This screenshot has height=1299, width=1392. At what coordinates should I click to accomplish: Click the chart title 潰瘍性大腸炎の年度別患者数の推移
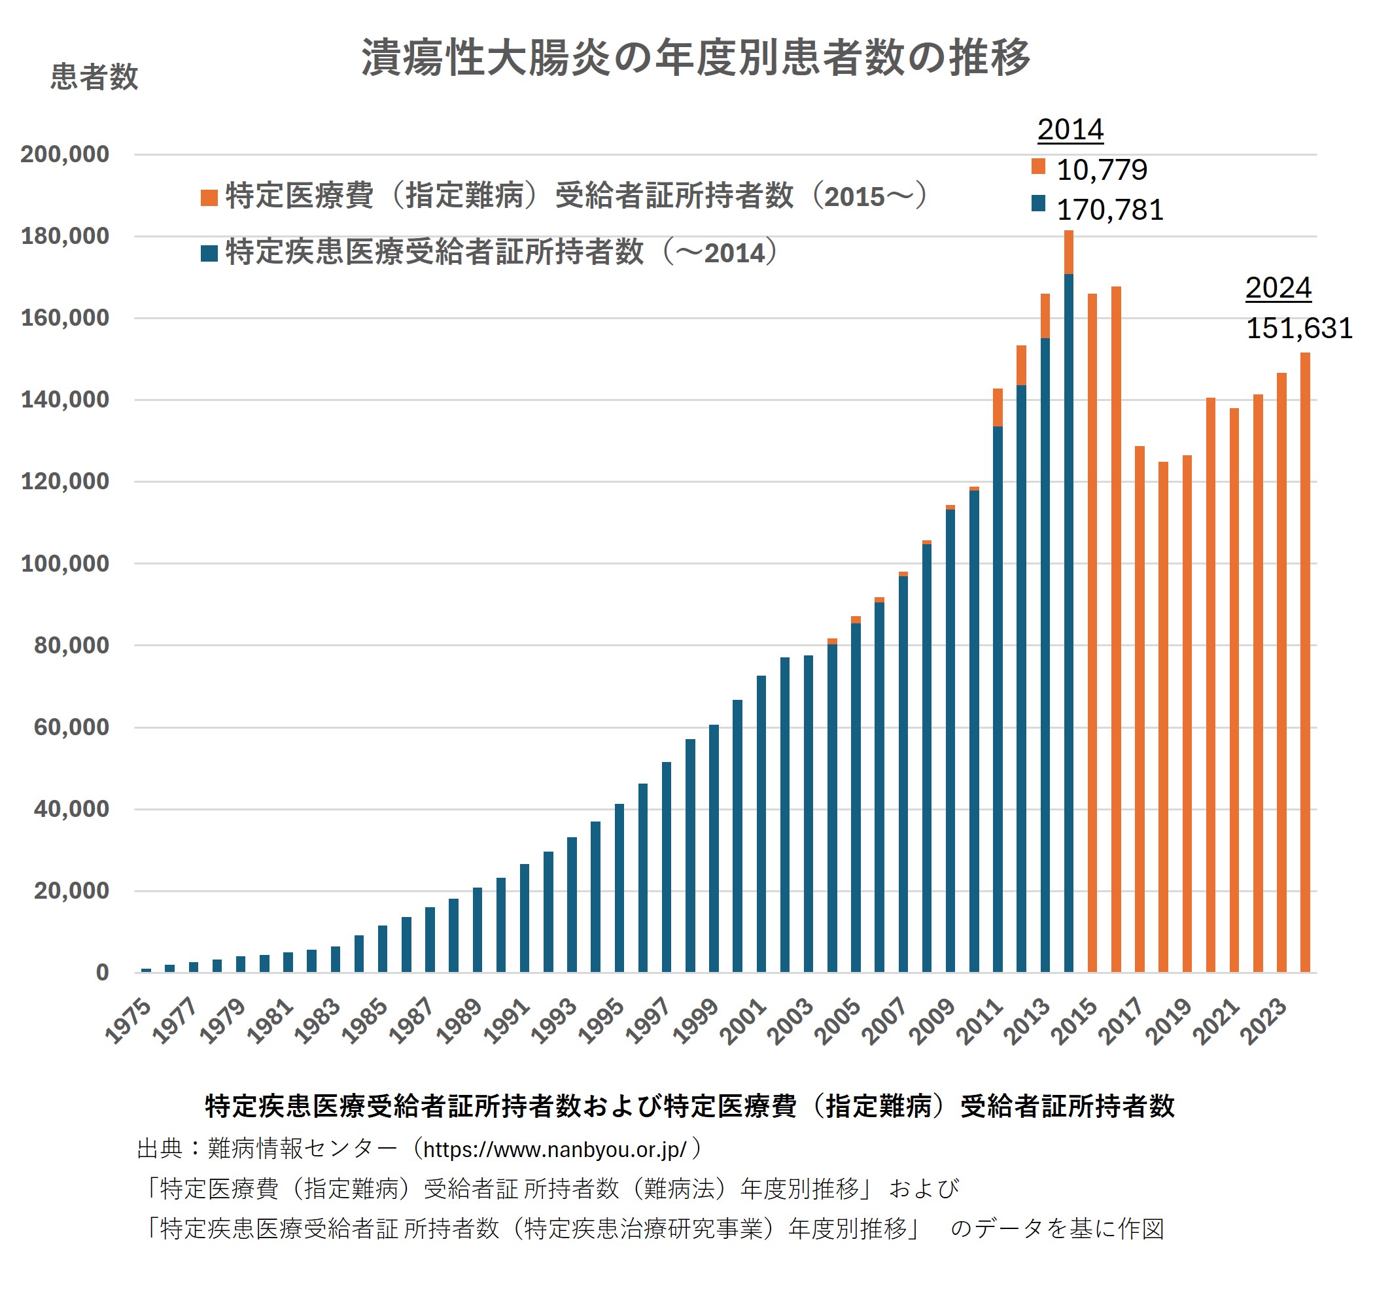pos(695,58)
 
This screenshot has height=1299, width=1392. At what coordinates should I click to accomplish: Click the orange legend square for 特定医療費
pos(209,198)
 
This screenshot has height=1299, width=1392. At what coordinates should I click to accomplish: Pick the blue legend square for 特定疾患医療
pos(209,254)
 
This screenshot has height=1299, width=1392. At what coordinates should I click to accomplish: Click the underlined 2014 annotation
pos(1070,130)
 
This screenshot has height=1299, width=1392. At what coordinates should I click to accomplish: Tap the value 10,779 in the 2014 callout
pos(1102,169)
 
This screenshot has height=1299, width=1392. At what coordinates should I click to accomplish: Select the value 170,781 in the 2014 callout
pos(1110,210)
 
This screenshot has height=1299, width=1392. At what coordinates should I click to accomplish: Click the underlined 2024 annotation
pos(1278,288)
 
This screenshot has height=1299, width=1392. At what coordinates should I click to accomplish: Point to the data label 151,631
pos(1299,328)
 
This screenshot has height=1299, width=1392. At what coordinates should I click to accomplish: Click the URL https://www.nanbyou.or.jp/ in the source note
pos(555,1149)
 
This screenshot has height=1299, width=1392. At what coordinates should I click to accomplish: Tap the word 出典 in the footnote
pos(160,1149)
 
